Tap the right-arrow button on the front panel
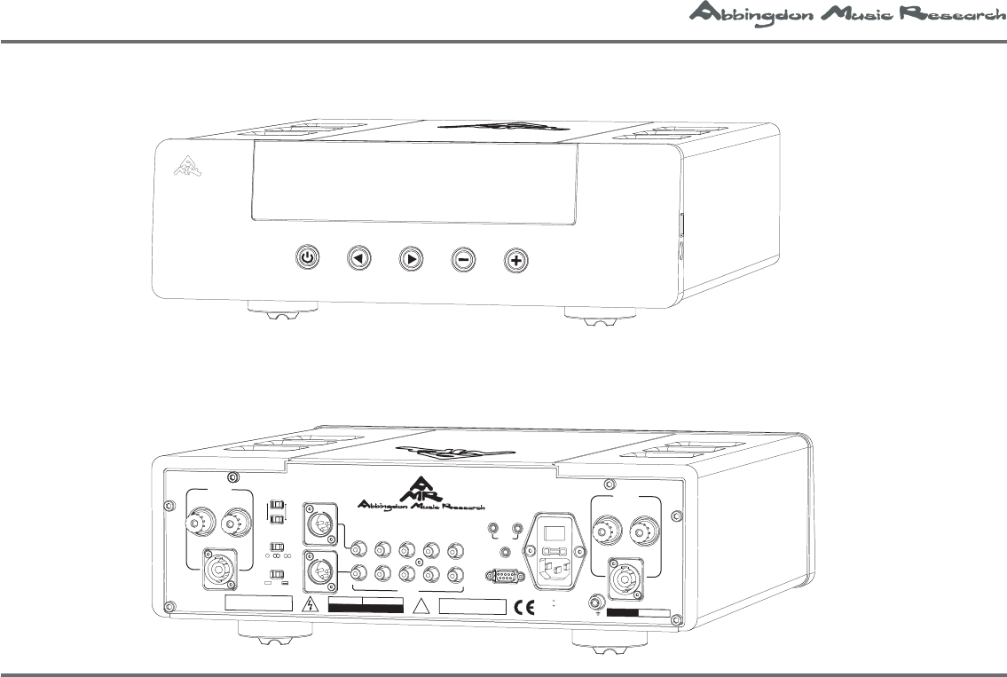tap(411, 259)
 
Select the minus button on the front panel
tap(463, 260)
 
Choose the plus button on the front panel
tap(516, 260)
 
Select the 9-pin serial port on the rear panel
tap(505, 576)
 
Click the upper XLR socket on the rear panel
tap(317, 523)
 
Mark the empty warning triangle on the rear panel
tap(421, 606)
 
